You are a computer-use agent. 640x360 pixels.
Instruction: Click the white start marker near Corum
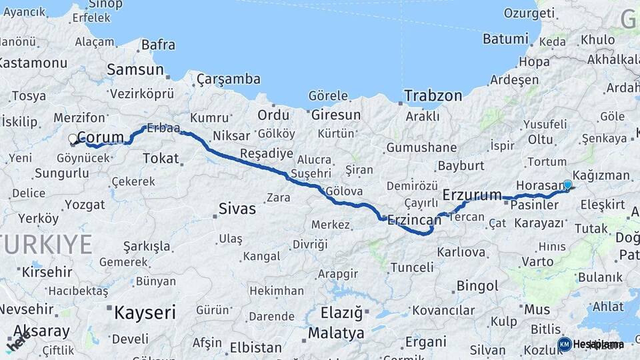(73, 139)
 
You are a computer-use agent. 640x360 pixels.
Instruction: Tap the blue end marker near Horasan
(567, 185)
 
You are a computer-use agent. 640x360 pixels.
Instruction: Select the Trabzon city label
(433, 95)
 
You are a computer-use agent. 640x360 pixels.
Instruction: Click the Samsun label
(135, 69)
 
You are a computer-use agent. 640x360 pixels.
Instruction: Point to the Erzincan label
(414, 219)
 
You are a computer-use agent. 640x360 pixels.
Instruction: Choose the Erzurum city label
(472, 195)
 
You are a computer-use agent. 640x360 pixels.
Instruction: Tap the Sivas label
(237, 209)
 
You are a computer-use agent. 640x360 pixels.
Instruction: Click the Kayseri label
(145, 312)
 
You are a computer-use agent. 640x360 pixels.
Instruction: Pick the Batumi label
(505, 39)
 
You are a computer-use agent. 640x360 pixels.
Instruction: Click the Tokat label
(161, 159)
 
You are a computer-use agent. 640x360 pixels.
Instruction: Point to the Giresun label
(336, 115)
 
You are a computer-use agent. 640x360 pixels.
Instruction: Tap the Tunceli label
(411, 267)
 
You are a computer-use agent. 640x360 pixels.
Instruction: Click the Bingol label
(477, 286)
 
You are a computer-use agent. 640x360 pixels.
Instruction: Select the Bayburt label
(461, 165)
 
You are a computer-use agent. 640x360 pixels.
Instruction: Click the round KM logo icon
(564, 344)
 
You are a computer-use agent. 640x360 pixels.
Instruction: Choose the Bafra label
(158, 45)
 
